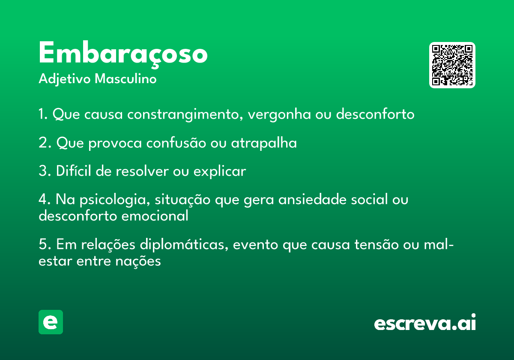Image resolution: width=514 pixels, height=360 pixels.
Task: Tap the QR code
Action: click(x=452, y=65)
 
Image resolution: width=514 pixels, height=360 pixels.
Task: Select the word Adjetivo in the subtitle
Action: click(x=65, y=79)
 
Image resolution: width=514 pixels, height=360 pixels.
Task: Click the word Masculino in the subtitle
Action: click(x=126, y=79)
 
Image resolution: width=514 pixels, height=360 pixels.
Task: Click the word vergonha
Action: click(x=279, y=114)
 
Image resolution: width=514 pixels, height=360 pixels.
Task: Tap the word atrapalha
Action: click(x=264, y=143)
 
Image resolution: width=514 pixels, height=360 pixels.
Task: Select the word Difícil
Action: click(x=73, y=171)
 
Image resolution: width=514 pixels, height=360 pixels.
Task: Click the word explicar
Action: click(x=220, y=171)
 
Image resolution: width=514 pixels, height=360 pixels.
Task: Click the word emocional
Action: click(x=155, y=216)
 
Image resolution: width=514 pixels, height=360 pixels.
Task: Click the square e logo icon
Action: click(x=51, y=322)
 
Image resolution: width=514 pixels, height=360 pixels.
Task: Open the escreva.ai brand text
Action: click(x=425, y=322)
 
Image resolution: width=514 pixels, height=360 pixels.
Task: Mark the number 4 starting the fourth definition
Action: click(x=43, y=199)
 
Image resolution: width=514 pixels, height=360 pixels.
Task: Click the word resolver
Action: click(x=142, y=171)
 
